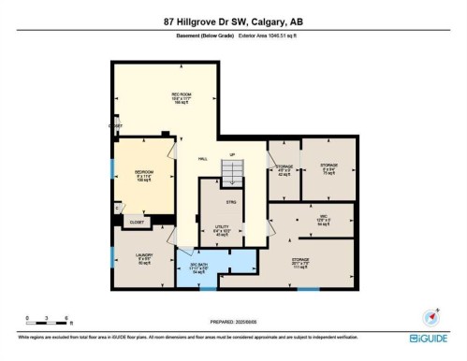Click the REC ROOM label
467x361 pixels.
coord(181,98)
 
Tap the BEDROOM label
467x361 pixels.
coord(143,175)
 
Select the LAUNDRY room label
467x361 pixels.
coord(143,256)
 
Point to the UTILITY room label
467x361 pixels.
coord(221,229)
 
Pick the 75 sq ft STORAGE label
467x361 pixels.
coord(328,168)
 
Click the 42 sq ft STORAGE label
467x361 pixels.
coord(285,169)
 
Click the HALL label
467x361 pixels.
coord(202,160)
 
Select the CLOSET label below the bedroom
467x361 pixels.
coord(137,223)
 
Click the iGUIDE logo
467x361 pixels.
coord(429,338)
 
